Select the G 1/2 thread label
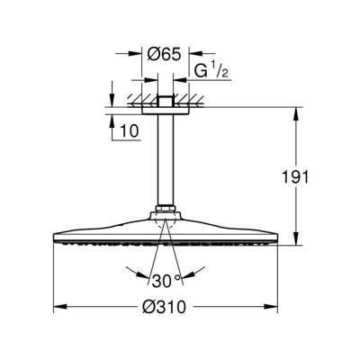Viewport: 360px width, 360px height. (x=212, y=68)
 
